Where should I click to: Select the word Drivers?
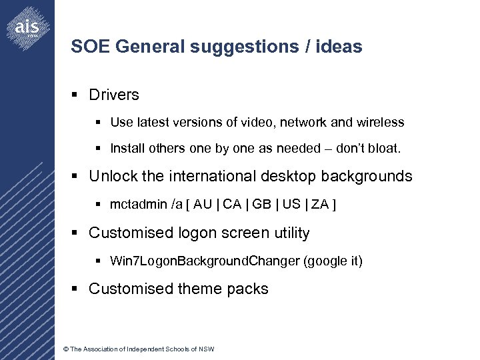pyautogui.click(x=114, y=95)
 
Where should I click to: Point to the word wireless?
pyautogui.click(x=380, y=123)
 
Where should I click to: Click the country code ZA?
pyautogui.click(x=321, y=204)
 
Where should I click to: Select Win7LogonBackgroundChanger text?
pyautogui.click(x=205, y=261)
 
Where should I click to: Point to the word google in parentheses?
pyautogui.click(x=327, y=261)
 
